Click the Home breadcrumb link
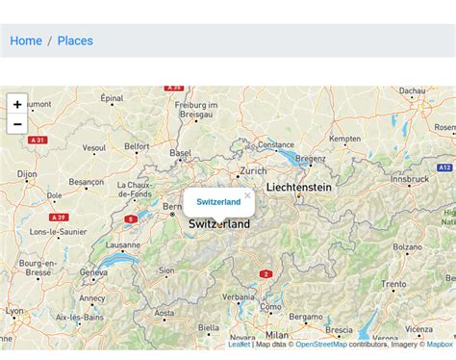coord(26,40)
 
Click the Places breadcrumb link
coord(75,40)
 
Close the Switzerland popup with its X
coord(247,195)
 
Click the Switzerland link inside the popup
coord(218,202)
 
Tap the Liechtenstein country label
coord(298,187)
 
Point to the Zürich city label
coord(253,170)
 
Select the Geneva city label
coord(93,272)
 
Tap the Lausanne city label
coord(123,245)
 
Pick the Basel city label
coord(180,153)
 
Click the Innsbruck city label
coord(410,179)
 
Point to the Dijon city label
coord(27,174)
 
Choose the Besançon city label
coord(86,182)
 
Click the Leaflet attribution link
coord(239,344)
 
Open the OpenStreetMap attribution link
coord(320,344)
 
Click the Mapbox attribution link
coord(440,344)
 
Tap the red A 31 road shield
coord(38,140)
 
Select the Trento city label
coord(393,284)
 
